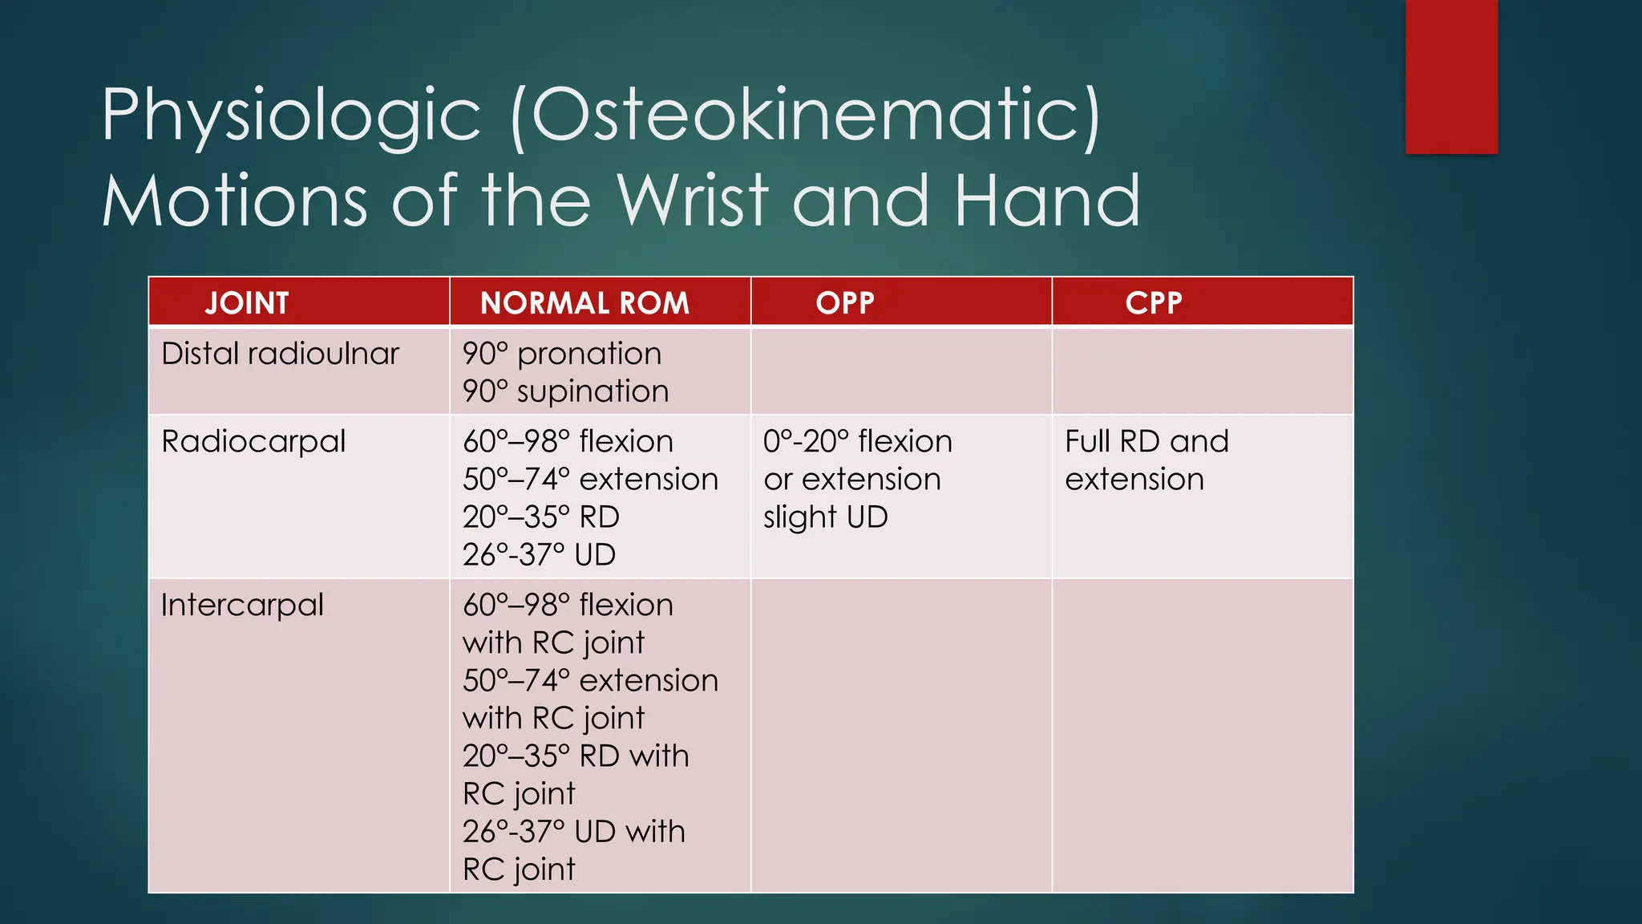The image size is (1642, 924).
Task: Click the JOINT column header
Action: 247,303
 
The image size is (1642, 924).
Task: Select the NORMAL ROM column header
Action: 584,303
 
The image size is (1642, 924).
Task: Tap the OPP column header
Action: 845,303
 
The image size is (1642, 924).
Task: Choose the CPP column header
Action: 1154,303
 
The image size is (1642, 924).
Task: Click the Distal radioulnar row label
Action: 280,354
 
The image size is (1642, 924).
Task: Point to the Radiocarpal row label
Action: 253,442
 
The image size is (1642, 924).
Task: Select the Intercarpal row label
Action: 242,606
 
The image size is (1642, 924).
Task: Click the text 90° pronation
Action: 562,354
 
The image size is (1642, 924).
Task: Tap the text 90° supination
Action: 565,391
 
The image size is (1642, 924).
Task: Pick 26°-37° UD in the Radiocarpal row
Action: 539,555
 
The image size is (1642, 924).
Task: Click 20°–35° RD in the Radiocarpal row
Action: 541,517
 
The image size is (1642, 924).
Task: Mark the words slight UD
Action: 826,517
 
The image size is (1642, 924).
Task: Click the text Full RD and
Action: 1147,442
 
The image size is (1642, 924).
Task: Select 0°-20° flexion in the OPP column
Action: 858,442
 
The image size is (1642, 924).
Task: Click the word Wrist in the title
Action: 693,201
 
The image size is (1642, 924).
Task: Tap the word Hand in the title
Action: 1047,201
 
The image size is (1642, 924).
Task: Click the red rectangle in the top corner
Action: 1451,76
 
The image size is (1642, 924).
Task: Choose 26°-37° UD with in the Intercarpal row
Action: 574,832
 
